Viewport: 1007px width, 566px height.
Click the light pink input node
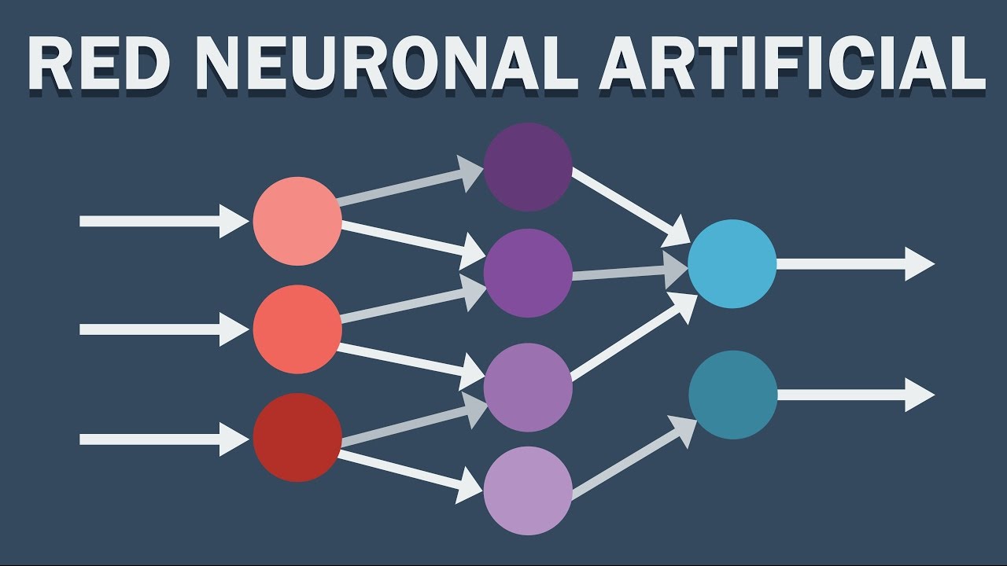click(297, 221)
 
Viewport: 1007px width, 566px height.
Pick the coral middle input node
click(297, 329)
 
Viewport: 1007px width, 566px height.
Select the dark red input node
click(297, 437)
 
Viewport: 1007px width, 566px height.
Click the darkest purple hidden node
click(528, 167)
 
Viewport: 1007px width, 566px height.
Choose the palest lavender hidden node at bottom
click(528, 491)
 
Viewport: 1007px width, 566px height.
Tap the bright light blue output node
click(732, 264)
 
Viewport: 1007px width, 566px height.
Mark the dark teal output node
click(732, 395)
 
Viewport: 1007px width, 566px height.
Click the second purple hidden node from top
click(528, 273)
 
